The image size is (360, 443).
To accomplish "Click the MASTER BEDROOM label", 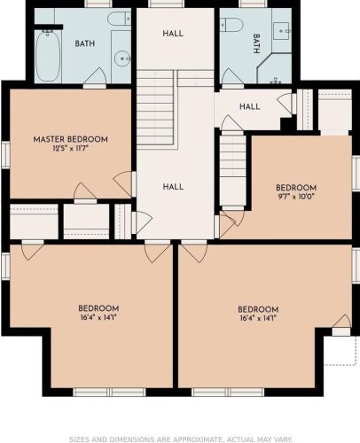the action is coord(70,139).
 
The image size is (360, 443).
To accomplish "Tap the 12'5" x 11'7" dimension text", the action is coord(71,148).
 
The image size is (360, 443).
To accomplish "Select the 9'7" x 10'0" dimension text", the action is coord(296,197).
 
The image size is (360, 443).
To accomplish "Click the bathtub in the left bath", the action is coord(48,56).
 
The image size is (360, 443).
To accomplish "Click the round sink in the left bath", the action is coord(122,58).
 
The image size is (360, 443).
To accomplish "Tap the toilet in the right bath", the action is coord(231,25).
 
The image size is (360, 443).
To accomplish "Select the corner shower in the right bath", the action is coord(274,68).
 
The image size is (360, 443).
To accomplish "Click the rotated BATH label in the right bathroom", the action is coord(256,43).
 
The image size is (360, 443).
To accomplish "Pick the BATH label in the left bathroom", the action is coord(85,43).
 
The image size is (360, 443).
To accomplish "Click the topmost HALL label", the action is coord(173,34).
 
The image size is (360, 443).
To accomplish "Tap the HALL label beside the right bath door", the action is coord(250,106).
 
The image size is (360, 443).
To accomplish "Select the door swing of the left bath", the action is coord(95,76).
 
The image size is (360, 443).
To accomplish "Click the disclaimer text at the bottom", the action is coord(181,439).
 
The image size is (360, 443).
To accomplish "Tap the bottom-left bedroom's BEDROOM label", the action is coord(98,308).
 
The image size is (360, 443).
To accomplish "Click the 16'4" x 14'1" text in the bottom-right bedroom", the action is coord(258,318).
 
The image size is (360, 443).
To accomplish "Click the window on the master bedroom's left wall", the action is coord(5,155).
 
